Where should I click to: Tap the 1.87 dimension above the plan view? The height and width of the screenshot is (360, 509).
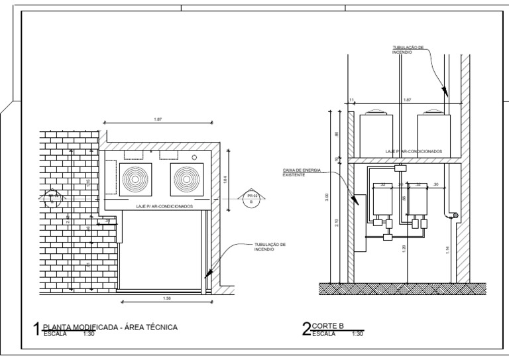tap(158, 119)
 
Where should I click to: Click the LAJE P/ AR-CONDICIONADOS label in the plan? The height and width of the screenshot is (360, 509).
tap(164, 206)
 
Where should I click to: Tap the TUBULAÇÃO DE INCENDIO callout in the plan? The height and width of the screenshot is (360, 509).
tap(270, 246)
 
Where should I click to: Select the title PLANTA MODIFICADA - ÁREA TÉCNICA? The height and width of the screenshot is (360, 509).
tap(110, 327)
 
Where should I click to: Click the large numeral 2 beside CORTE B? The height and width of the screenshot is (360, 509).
tap(306, 329)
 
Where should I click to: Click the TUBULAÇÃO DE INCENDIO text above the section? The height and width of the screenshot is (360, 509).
tap(408, 50)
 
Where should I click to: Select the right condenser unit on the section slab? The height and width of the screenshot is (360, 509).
tap(433, 131)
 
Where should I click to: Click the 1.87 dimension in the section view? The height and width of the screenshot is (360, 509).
tap(407, 100)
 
